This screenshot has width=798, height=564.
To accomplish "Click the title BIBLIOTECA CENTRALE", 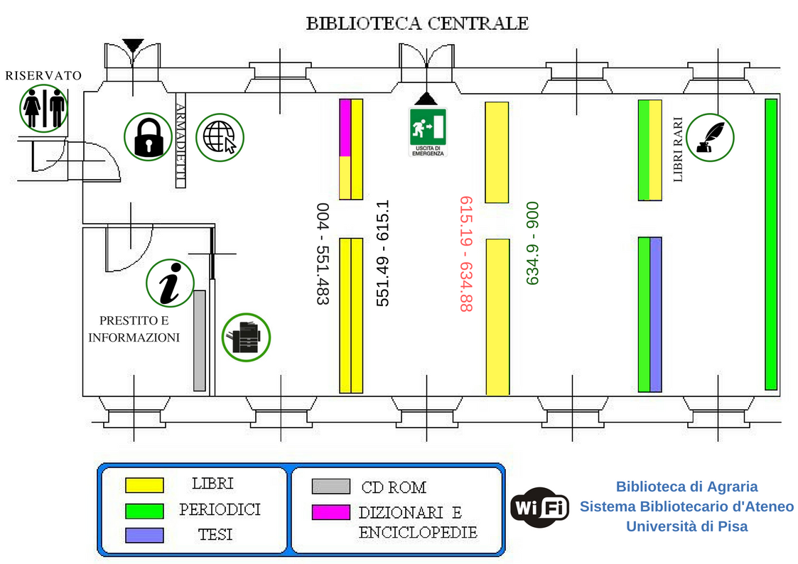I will coord(417,23).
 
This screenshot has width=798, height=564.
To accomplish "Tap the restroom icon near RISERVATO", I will coord(44,108).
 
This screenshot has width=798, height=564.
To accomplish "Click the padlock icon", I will coord(148,136).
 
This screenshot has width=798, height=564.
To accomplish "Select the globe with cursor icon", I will coord(220,136).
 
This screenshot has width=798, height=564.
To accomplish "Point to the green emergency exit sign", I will coord(428,131).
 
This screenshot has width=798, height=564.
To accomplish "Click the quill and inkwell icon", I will coord(710,136).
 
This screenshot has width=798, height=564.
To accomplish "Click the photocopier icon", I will coord(247,337).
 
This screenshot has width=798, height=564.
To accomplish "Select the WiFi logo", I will coord(540,507).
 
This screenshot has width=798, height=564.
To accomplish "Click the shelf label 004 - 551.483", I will coord(323,254).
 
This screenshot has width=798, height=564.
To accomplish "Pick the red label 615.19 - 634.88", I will coord(466,254).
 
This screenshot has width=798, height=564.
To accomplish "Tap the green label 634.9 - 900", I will coord(532,244).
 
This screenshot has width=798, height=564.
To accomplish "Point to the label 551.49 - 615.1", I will coord(383,254).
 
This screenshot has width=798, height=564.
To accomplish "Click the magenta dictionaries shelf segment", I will coord(345,128).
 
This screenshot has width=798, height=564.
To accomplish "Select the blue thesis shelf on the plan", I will coord(656,314).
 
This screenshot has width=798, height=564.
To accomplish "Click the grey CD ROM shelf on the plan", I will coord(200,340).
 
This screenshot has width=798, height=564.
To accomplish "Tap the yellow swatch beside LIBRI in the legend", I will coord(144,485).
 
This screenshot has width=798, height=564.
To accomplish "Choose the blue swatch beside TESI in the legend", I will coord(144,535).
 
